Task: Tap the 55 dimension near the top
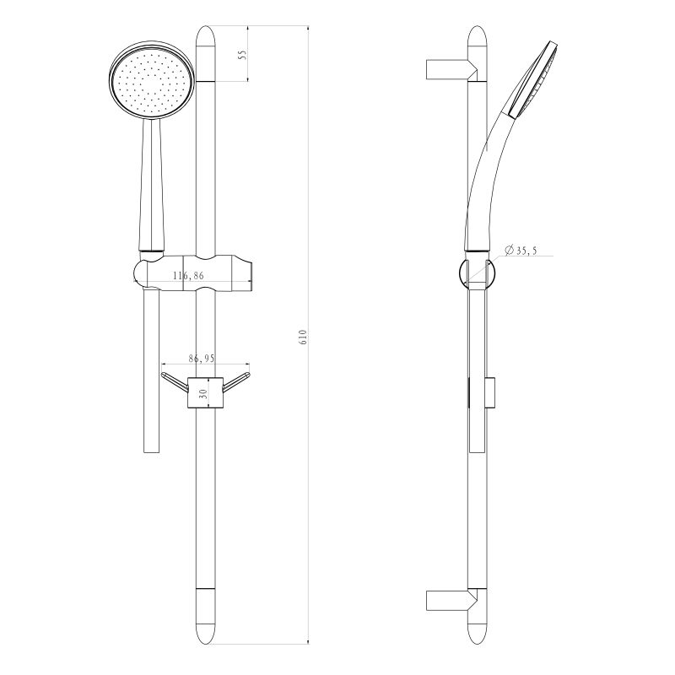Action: pyautogui.click(x=242, y=55)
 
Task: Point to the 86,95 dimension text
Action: pyautogui.click(x=202, y=359)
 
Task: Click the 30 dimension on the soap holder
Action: pyautogui.click(x=202, y=392)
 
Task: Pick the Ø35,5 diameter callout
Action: pyautogui.click(x=521, y=251)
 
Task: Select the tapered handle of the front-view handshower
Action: pyautogui.click(x=152, y=186)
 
